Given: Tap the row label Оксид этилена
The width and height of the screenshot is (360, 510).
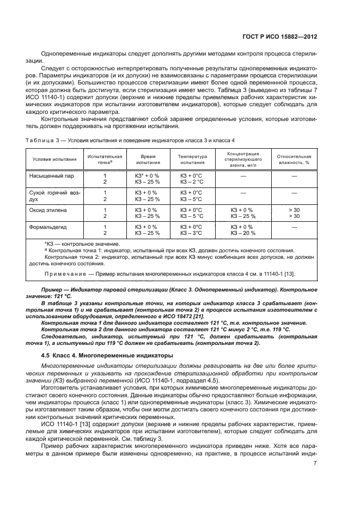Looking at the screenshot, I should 48,209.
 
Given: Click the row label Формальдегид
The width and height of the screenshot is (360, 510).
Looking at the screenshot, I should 47,226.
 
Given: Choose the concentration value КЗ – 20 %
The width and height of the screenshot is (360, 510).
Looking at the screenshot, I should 243,233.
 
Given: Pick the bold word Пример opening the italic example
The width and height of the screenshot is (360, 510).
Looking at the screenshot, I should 51,288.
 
